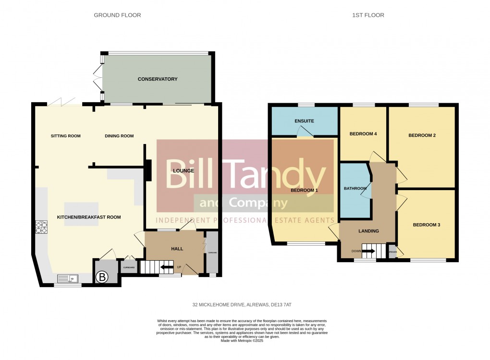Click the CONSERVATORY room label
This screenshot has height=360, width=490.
pyautogui.click(x=158, y=79)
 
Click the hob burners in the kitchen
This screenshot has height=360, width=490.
pyautogui.click(x=40, y=226)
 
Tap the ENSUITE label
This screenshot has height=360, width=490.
pyautogui.click(x=304, y=121)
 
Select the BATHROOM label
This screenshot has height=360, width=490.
pyautogui.click(x=355, y=189)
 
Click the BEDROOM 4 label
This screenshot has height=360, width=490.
pyautogui.click(x=363, y=134)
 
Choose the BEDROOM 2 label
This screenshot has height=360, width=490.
pyautogui.click(x=422, y=135)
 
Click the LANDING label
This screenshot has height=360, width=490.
pyautogui.click(x=368, y=231)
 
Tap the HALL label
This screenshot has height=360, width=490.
pyautogui.click(x=177, y=249)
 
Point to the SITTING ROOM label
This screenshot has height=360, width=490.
pyautogui.click(x=66, y=136)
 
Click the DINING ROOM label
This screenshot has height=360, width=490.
pyautogui.click(x=119, y=136)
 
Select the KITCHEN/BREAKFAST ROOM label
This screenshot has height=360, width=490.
pyautogui.click(x=89, y=217)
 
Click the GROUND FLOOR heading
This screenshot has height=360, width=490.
pyautogui.click(x=117, y=15)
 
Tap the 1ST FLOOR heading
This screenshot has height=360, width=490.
pyautogui.click(x=368, y=15)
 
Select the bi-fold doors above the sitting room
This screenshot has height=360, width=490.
pyautogui.click(x=62, y=101)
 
